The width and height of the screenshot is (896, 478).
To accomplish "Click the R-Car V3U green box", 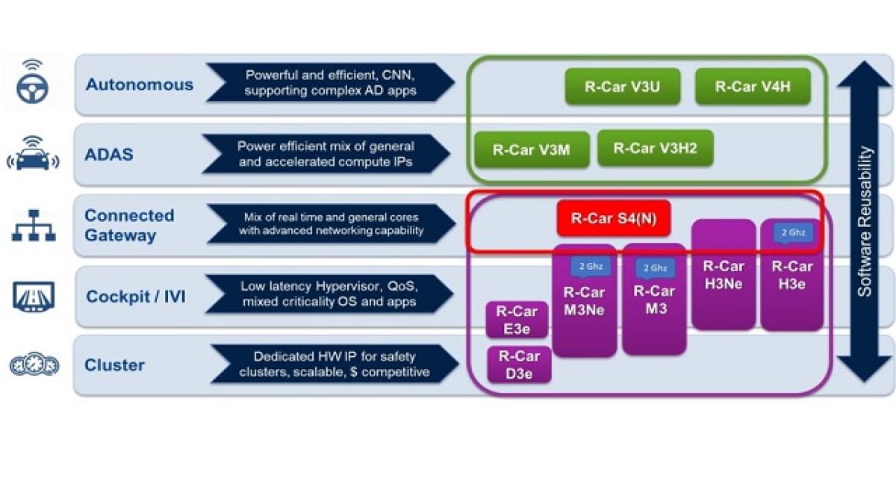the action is pos(623,87).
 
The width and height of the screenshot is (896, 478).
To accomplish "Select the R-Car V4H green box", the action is pos(753,87).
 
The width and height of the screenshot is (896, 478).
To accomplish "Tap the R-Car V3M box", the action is pos(532,150).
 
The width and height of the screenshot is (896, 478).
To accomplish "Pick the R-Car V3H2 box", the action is pos(656,148).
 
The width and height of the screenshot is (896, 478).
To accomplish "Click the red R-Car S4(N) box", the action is pos(614,218).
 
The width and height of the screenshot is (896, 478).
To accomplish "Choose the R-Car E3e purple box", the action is pos(517,320).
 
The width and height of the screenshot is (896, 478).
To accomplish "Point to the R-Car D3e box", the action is pos(519,364).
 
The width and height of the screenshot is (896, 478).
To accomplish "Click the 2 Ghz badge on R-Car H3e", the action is pos(793,233).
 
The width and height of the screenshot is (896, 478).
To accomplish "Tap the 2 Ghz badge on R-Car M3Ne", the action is pos(591,267).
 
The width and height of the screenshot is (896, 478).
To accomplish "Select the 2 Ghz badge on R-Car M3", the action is pos(656,268).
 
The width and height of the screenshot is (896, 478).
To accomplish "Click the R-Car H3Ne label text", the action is pos(724,275).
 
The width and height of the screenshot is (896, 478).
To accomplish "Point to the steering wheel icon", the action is pos(32,82).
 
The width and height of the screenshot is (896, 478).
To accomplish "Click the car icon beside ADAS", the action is pos(33,154).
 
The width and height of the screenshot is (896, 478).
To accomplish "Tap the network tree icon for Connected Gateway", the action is pos(34,226).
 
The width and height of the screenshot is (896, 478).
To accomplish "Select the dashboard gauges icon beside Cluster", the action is pos(34,364).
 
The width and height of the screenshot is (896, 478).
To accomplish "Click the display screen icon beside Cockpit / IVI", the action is pos(34,297).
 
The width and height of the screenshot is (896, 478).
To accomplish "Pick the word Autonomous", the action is pos(140,85).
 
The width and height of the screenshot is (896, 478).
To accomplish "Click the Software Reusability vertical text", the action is pos(865,221).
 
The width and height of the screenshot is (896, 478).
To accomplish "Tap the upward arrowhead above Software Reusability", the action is pos(865,74).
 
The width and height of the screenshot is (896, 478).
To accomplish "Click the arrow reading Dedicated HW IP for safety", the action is pos(335,364).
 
